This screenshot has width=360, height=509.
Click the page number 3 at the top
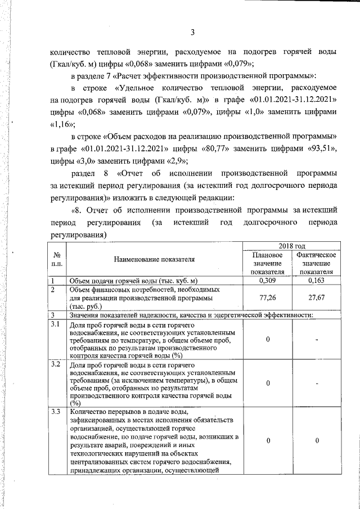point(192,31)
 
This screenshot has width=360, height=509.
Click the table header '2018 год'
point(292,246)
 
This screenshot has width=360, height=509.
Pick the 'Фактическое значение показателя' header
point(317,264)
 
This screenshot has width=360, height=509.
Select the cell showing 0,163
point(317,280)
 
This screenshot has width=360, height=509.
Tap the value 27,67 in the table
point(317,298)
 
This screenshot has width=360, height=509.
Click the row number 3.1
point(56,325)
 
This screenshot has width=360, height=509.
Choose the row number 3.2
point(56,365)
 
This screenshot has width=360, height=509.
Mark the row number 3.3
point(56,413)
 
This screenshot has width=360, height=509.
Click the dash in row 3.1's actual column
point(317,340)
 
